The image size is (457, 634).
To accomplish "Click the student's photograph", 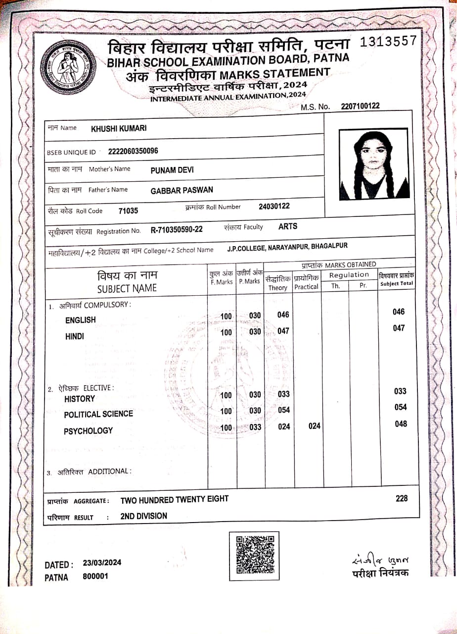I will (374, 164).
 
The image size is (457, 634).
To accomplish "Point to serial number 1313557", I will (388, 42).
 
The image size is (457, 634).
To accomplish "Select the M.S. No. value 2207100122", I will (360, 106).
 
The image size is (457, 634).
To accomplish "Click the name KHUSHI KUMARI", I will (119, 129).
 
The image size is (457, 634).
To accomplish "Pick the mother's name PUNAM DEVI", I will (172, 170).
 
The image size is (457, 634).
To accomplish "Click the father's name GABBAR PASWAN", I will (182, 191).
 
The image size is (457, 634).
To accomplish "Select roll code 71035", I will (129, 211).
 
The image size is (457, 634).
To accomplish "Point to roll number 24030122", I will (274, 206).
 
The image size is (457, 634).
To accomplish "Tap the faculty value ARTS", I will (288, 226).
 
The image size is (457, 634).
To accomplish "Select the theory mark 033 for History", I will (284, 394).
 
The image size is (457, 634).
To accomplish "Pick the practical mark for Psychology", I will (315, 426).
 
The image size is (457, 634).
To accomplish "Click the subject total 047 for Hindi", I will (399, 328).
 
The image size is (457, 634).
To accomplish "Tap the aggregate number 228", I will (402, 499).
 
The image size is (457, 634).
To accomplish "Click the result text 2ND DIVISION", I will (143, 516).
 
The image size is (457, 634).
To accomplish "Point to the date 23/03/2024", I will (102, 563).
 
